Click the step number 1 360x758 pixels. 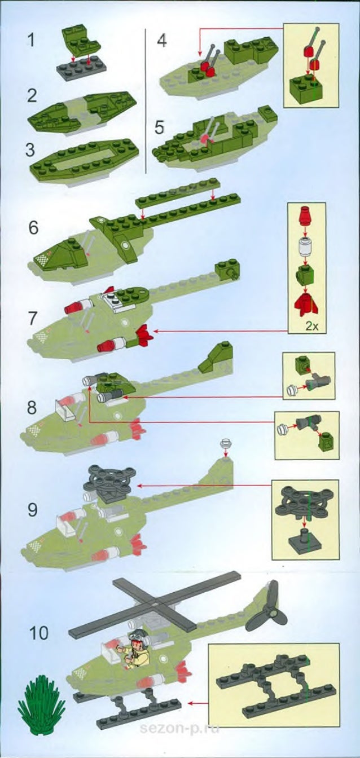click(x=31, y=40)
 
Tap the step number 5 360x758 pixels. click(x=159, y=127)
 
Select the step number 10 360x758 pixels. click(x=39, y=633)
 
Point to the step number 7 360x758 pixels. click(x=33, y=319)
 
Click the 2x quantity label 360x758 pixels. click(x=311, y=326)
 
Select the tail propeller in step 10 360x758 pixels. click(x=268, y=609)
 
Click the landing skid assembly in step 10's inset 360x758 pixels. click(x=276, y=685)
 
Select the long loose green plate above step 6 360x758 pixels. click(x=178, y=193)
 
